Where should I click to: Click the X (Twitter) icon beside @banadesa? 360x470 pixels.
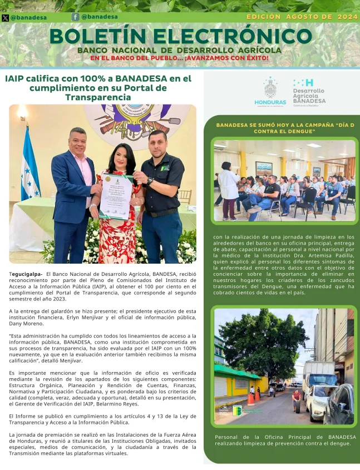[6, 18]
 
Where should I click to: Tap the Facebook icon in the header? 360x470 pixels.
[75, 17]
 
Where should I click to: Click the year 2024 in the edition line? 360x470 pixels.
[347, 17]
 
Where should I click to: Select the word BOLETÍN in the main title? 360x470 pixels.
[98, 37]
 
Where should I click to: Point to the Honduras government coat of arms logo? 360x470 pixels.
[270, 88]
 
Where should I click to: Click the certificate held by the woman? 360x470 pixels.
[116, 195]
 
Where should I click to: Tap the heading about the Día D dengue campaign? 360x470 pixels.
[285, 128]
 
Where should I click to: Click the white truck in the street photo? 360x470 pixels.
[318, 375]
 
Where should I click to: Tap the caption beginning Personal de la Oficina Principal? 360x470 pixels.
[285, 440]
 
